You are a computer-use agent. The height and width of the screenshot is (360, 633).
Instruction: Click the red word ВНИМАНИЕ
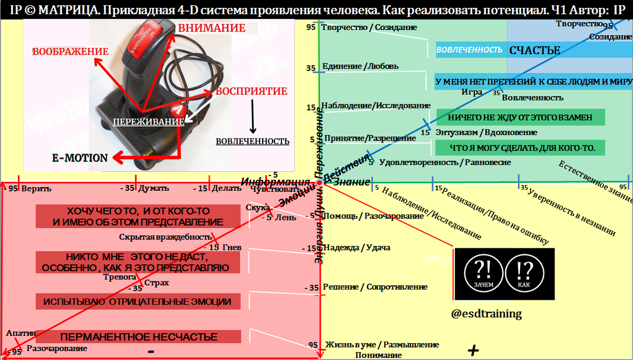(211, 28)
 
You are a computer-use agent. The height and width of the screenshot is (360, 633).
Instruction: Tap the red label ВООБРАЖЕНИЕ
(70, 51)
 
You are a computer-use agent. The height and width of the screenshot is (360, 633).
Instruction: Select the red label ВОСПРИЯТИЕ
(254, 91)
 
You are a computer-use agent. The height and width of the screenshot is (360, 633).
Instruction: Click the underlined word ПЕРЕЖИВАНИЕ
(149, 121)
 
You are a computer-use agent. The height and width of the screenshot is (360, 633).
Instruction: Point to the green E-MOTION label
(80, 158)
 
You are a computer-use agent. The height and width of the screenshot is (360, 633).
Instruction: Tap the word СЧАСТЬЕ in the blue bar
(534, 51)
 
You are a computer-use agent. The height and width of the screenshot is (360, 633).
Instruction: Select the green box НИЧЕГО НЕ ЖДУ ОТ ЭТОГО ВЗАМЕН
(520, 118)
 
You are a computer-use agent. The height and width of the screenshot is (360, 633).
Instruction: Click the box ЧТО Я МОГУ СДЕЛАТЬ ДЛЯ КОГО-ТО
(520, 148)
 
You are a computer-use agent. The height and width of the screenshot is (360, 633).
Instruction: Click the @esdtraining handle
(486, 314)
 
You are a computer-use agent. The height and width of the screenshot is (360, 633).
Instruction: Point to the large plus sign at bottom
(473, 350)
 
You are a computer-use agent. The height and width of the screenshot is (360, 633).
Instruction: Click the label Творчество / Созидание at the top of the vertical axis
(369, 27)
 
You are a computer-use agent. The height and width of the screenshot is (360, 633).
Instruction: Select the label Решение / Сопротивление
(375, 287)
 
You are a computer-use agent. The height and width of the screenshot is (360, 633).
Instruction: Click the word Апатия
(21, 333)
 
